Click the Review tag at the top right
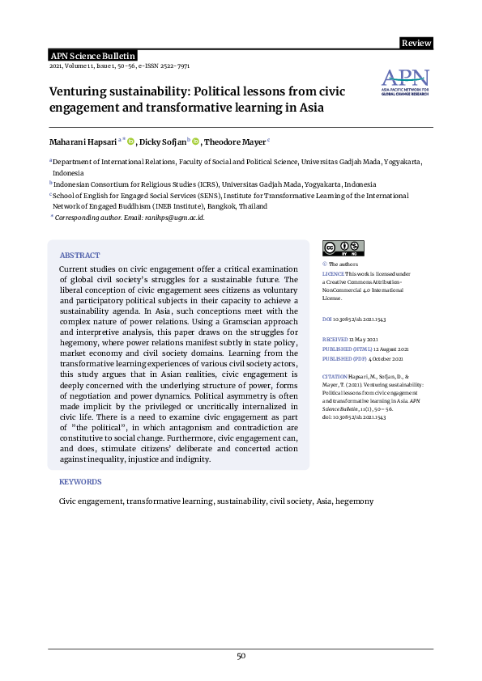416,43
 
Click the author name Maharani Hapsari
84,142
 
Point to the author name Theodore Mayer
234,142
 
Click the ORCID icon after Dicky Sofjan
195,142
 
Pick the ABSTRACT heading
80,255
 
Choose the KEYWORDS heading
81,481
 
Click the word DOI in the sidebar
327,320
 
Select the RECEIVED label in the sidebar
335,340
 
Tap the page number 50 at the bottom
241,656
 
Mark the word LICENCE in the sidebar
334,275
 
